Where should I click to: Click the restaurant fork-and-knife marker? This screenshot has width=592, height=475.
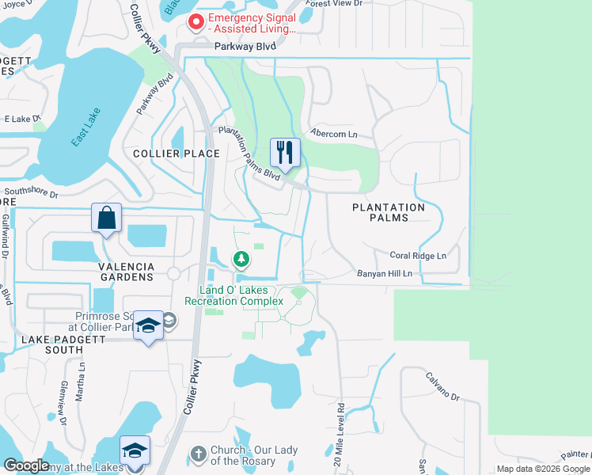[x=285, y=152]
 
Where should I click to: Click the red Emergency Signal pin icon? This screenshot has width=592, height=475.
[x=195, y=23]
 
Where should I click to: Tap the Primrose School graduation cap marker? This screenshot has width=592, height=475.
[x=148, y=326]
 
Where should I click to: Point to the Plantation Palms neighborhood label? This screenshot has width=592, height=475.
[x=389, y=212]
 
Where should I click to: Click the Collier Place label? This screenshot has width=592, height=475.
[x=176, y=154]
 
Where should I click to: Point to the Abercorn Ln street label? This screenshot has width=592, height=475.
[x=334, y=135]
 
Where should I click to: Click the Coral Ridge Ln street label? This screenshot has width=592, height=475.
[x=418, y=256]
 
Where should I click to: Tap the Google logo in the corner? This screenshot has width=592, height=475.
[x=26, y=465]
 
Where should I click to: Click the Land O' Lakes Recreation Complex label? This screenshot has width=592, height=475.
[x=233, y=295]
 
